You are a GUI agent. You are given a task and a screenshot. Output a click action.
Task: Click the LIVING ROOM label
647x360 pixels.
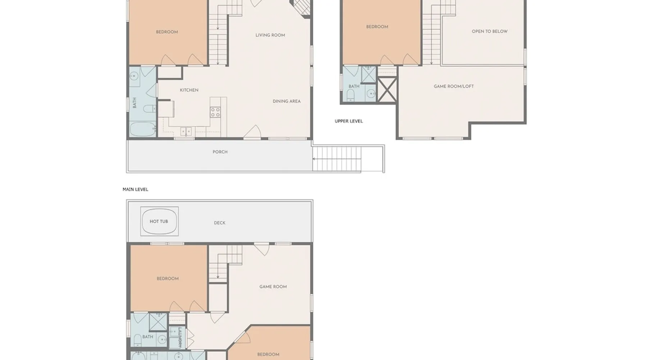270,35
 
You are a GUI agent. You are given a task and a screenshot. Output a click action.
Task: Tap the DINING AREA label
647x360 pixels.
286,101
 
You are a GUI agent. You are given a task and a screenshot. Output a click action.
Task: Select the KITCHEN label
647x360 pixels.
189,90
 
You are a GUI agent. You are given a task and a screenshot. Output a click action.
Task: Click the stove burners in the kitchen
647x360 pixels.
215,112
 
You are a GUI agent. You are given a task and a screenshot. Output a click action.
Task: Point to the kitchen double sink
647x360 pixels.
186,131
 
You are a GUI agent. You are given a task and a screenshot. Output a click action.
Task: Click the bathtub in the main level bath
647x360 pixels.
143,130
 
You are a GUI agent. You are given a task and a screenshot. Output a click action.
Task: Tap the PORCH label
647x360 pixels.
220,152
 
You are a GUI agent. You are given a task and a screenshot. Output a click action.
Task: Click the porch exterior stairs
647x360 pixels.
337,158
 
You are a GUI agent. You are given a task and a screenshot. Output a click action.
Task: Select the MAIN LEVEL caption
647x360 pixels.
136,189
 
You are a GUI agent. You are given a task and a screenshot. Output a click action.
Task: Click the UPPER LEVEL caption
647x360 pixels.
349,121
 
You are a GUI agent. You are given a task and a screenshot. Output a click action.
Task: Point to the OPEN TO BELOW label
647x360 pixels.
490,31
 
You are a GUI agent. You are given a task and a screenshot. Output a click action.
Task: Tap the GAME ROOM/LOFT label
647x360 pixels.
454,86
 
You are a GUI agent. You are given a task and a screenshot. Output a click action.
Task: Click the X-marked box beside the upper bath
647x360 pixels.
387,89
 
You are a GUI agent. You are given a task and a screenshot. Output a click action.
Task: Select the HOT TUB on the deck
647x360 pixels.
159,221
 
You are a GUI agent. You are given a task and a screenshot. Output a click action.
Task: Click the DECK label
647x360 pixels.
220,223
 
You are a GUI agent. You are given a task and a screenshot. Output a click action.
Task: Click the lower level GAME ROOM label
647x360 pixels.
273,287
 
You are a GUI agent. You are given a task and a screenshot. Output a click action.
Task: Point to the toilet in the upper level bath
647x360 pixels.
351,95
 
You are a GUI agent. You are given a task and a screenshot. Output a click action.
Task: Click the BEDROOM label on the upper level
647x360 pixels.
377,27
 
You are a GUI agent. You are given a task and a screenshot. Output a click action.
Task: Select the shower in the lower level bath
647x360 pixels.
158,322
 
